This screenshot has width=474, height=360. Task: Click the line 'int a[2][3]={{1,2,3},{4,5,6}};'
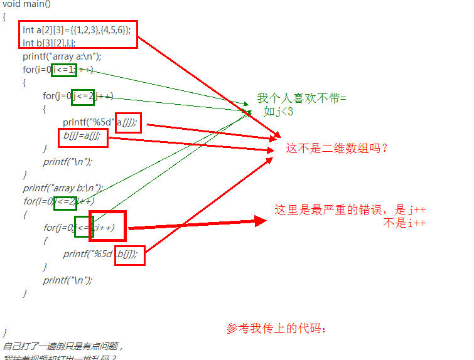pyautogui.click(x=77, y=29)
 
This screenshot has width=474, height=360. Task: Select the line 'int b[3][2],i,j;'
pyautogui.click(x=49, y=43)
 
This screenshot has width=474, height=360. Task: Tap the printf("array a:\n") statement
pyautogui.click(x=62, y=56)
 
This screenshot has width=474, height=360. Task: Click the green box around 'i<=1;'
pyautogui.click(x=64, y=70)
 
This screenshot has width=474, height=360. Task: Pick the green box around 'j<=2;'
pyautogui.click(x=82, y=96)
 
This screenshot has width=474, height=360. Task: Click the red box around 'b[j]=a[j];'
pyautogui.click(x=83, y=137)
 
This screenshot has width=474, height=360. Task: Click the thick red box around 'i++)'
pyautogui.click(x=107, y=227)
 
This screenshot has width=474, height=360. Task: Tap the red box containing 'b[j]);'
pyautogui.click(x=130, y=255)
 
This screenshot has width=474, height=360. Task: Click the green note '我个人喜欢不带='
pyautogui.click(x=301, y=98)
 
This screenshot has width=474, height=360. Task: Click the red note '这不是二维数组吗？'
pyautogui.click(x=337, y=149)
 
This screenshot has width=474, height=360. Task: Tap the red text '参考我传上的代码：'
pyautogui.click(x=277, y=329)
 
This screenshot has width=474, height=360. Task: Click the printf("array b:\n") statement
pyautogui.click(x=63, y=188)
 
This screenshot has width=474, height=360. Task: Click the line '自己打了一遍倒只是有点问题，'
pyautogui.click(x=63, y=346)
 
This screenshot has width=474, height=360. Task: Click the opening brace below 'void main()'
pyautogui.click(x=4, y=17)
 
